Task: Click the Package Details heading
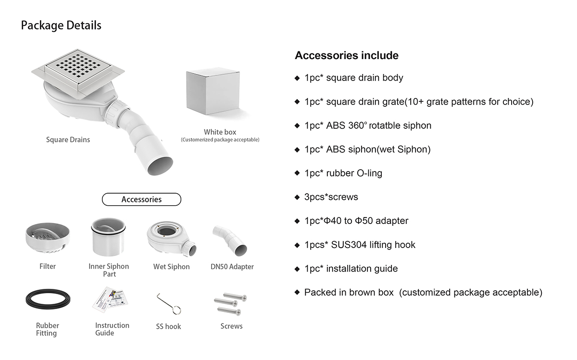point(61,25)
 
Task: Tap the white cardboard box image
point(213,90)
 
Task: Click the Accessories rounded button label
point(141,199)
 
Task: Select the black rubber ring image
point(48,299)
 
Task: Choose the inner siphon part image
point(109,237)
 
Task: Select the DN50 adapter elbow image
point(231,240)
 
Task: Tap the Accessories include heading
point(347,55)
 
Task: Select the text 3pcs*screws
point(331,197)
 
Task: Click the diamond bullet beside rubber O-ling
point(297,174)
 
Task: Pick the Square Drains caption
point(68,140)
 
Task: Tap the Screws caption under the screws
point(231,326)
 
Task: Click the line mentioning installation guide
point(351,269)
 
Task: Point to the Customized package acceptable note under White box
point(220,140)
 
